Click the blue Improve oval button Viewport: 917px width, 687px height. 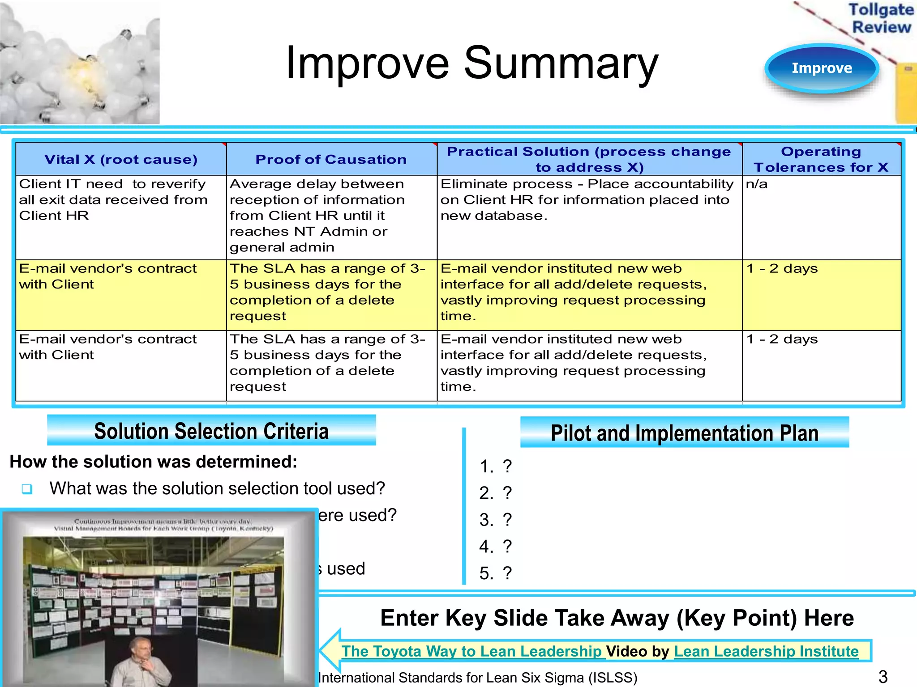pos(822,68)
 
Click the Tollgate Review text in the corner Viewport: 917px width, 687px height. pos(881,18)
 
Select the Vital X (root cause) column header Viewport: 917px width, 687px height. pos(121,160)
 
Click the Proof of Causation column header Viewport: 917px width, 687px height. pos(331,160)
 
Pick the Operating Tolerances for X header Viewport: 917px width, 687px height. pos(821,159)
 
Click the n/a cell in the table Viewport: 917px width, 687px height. pos(757,184)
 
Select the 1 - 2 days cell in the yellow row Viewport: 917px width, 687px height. pos(782,269)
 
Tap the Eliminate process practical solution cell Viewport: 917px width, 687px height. pos(587,199)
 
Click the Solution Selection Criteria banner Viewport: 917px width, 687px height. pos(211,431)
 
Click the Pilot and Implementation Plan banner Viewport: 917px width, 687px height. pos(684,433)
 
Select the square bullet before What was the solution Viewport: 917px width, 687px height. pos(27,489)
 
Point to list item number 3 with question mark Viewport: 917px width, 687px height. pos(495,520)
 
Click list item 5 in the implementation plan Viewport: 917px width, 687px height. pos(495,573)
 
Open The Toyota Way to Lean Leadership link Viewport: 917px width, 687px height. pos(471,651)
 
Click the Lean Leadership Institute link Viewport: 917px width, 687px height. pos(766,651)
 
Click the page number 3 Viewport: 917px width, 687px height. pos(883,677)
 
